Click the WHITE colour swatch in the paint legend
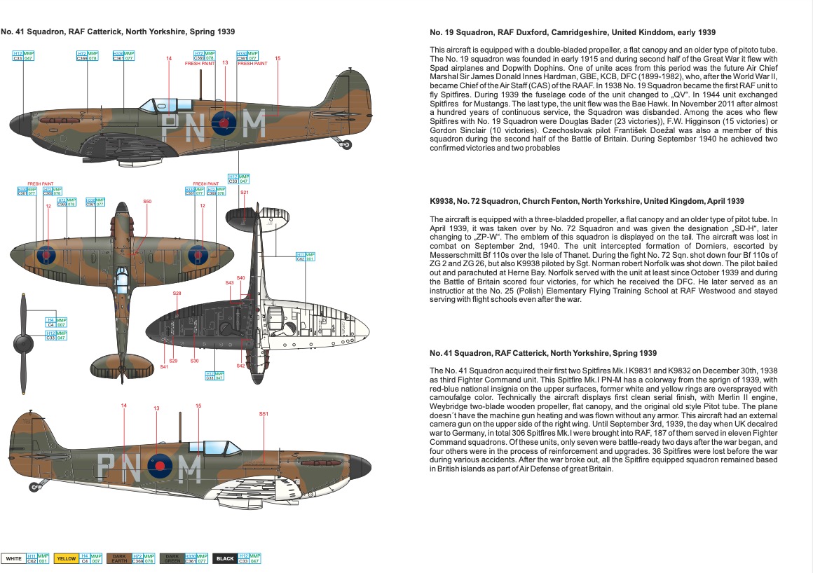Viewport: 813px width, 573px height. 13,558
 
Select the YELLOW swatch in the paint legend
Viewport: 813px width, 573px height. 66,558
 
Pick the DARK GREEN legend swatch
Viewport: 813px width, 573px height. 172,558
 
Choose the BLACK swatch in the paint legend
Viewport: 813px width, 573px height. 226,558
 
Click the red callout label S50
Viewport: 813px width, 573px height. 147,202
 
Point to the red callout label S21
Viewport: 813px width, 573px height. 245,193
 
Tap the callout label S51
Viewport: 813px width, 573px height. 264,414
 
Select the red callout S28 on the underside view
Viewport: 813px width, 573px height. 177,293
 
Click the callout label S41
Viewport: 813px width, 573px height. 164,367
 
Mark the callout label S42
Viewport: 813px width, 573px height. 240,366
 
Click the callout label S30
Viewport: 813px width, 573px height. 195,361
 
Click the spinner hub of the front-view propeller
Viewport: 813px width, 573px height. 24,343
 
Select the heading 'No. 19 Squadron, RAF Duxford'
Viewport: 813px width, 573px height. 572,33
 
